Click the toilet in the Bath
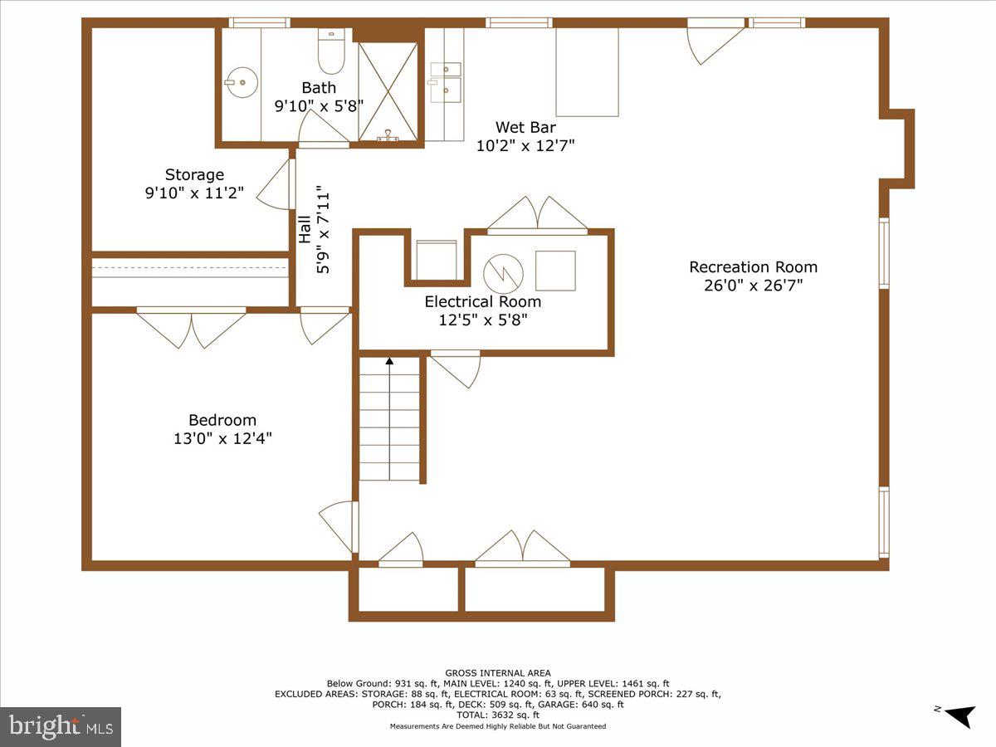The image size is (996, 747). [331, 55]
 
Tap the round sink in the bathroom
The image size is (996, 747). [242, 81]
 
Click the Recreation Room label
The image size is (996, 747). [753, 267]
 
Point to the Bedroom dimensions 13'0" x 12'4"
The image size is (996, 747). [222, 439]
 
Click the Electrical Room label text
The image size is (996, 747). [482, 302]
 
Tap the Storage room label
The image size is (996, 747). [194, 175]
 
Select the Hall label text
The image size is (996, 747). [305, 230]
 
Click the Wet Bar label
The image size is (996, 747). [525, 128]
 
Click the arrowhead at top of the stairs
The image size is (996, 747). [389, 360]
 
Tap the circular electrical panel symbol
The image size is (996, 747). [503, 271]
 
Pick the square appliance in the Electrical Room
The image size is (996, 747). [555, 271]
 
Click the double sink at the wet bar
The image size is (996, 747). [446, 80]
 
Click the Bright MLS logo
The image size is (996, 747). [61, 726]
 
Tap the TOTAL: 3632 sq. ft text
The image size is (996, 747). [498, 715]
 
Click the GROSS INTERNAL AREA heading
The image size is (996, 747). [498, 673]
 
